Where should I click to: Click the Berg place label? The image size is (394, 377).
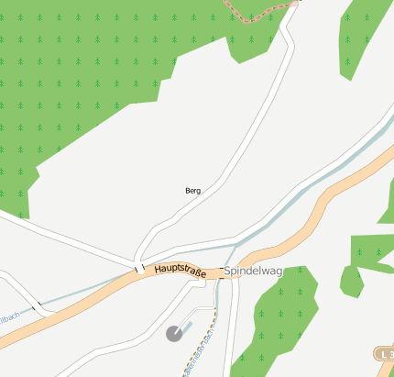click(192, 191)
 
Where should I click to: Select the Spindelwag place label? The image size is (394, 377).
click(253, 272)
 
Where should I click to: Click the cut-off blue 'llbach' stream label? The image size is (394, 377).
click(9, 316)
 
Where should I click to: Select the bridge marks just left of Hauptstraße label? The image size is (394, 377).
click(139, 269)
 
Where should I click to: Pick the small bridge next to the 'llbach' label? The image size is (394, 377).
click(39, 307)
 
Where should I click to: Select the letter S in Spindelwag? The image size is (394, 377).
click(228, 272)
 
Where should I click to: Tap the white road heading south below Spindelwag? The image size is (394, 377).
click(231, 339)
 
